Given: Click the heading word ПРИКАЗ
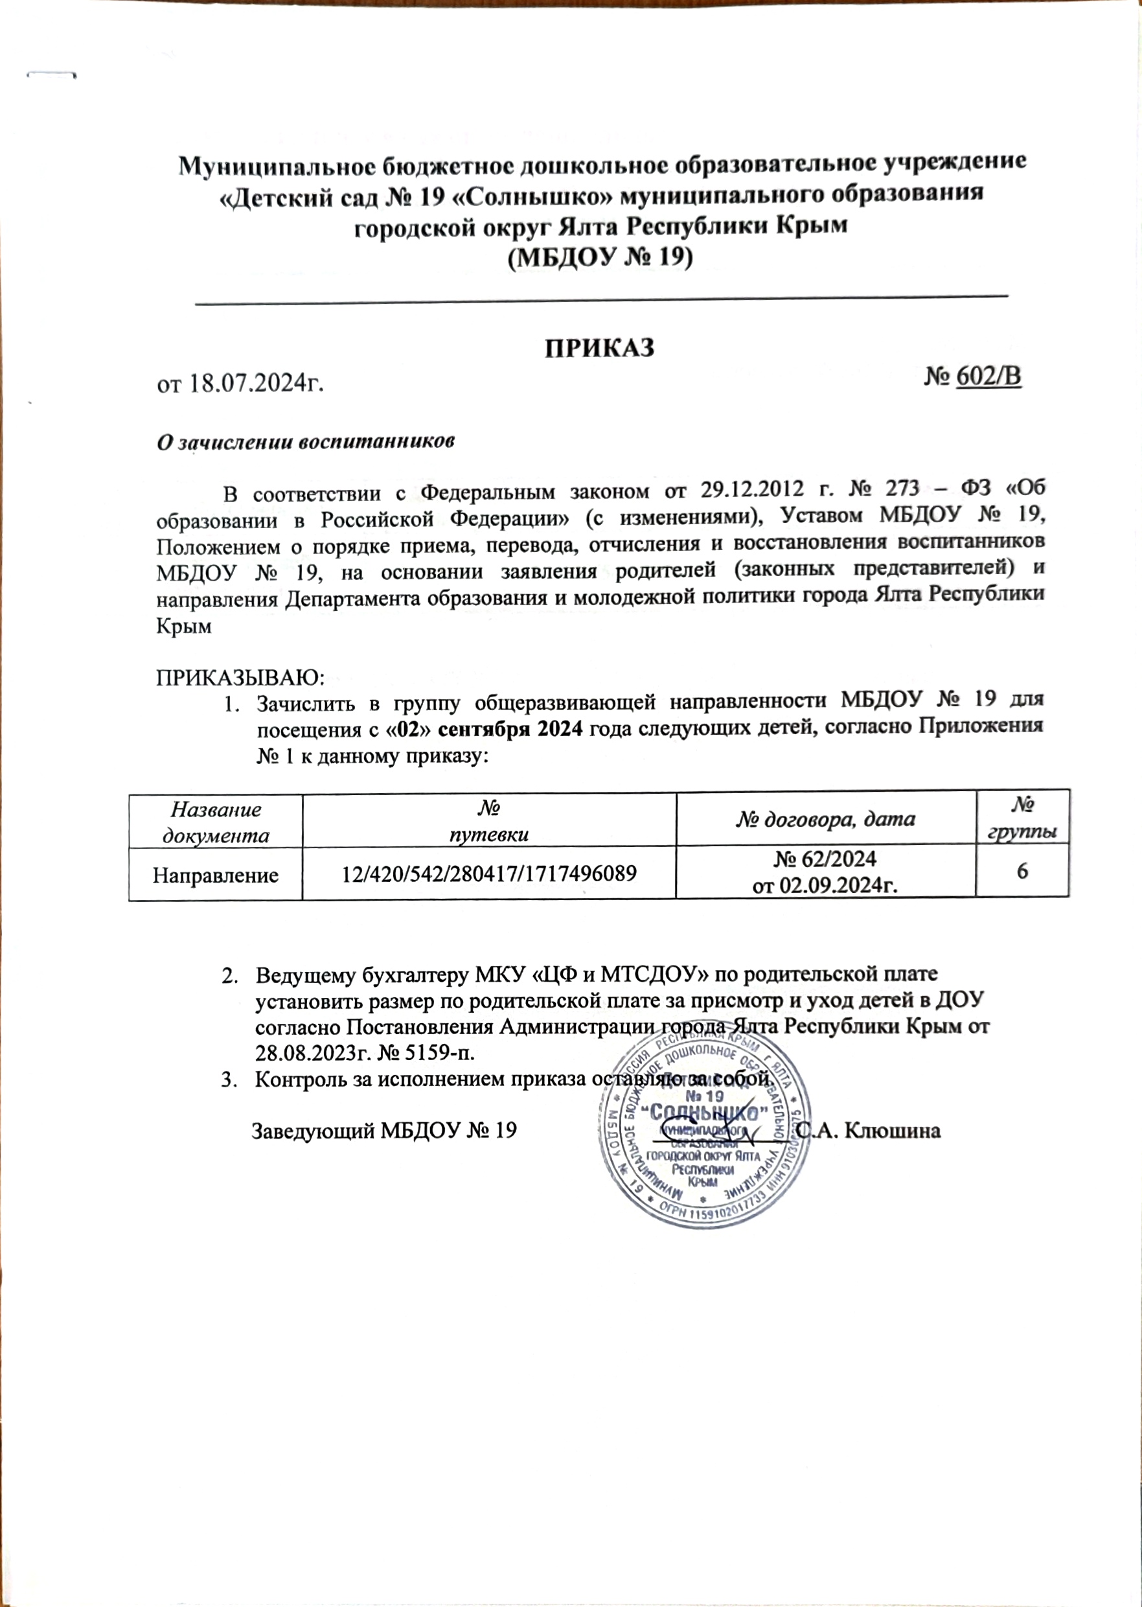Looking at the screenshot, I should tap(600, 348).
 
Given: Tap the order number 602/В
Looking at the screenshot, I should tap(988, 377).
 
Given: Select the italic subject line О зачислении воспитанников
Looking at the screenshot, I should tap(305, 442).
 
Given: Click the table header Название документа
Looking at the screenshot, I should tap(216, 822).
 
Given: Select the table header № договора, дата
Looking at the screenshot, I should tap(825, 818).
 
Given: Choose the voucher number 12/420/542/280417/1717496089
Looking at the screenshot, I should tap(488, 874).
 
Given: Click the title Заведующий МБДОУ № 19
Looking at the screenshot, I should tap(385, 1130).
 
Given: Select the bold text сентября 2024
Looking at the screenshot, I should tap(510, 728).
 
